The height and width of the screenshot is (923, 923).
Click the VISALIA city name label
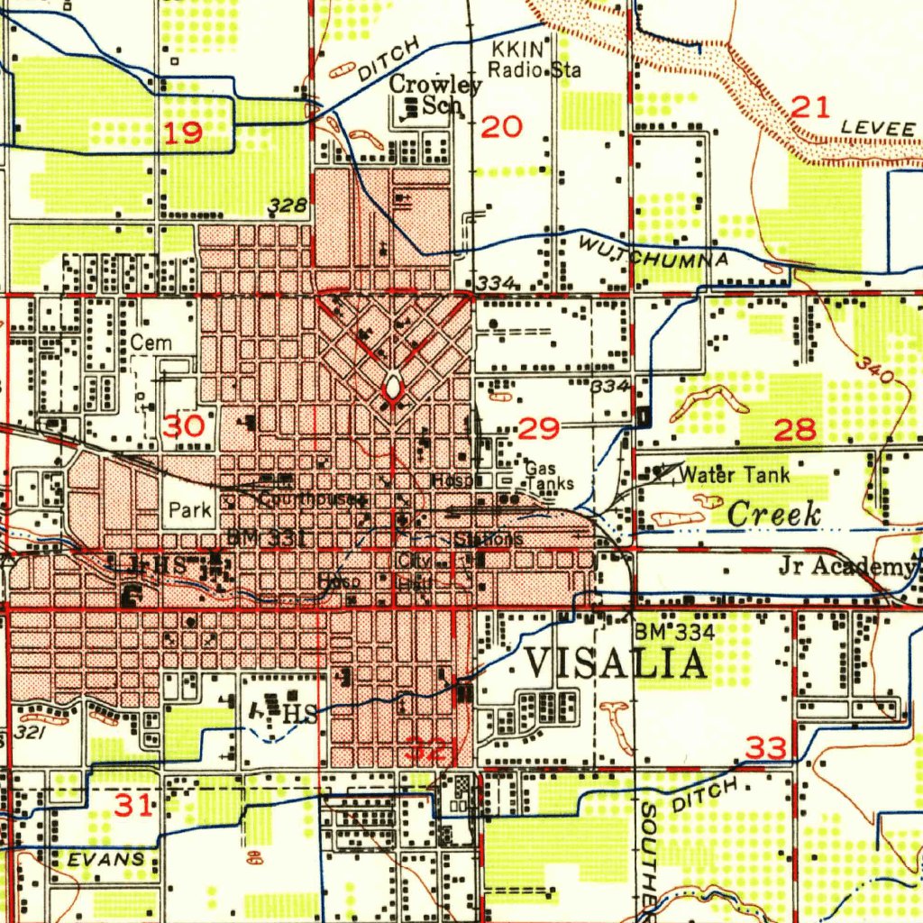tap(616, 664)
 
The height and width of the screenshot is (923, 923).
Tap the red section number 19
tap(183, 134)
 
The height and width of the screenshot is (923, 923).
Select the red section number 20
tap(501, 127)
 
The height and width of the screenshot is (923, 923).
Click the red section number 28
tap(796, 429)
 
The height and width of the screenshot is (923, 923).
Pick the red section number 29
tap(539, 428)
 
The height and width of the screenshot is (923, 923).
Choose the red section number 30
tap(189, 425)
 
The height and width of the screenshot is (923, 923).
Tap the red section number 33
tap(765, 747)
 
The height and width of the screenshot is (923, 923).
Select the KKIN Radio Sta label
tap(534, 59)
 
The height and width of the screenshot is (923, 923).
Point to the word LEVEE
tap(877, 129)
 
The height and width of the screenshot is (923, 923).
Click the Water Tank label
tap(735, 474)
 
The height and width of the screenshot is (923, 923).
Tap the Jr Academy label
tap(845, 566)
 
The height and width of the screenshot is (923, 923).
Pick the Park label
tap(190, 510)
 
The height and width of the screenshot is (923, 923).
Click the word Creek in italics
tap(773, 515)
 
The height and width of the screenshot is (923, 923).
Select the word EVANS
tap(105, 859)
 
